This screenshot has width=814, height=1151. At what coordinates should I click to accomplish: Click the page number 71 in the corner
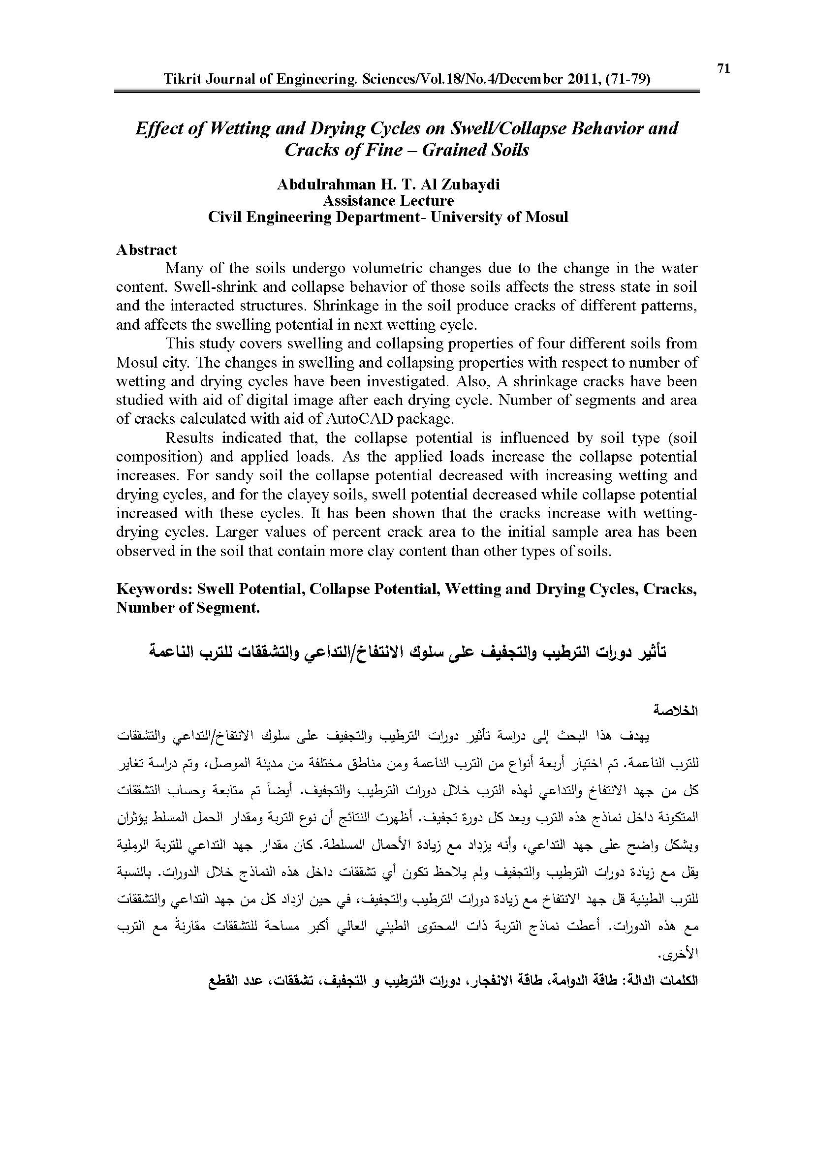pyautogui.click(x=723, y=69)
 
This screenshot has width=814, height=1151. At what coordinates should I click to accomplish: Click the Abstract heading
pyautogui.click(x=146, y=249)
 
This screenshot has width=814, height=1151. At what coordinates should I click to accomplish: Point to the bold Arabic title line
pyautogui.click(x=407, y=653)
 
